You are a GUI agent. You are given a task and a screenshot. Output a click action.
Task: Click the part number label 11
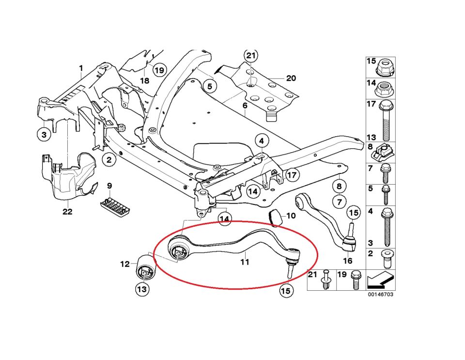pos(245,262)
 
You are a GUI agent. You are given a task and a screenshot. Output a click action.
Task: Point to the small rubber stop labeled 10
pos(275,218)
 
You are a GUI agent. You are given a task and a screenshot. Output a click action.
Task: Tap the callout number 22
pos(67,212)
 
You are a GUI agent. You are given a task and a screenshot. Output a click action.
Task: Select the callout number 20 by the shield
pos(291,78)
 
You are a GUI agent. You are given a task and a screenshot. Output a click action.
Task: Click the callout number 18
pos(144,80)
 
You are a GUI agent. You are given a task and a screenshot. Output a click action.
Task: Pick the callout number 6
pos(245,105)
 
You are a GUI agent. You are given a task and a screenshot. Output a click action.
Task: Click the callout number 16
pos(347,260)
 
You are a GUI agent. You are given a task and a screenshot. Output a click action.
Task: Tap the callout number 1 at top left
pos(81,68)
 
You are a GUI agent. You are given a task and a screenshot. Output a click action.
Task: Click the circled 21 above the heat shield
pos(251,56)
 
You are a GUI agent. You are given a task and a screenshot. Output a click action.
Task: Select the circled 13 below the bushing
pos(142,290)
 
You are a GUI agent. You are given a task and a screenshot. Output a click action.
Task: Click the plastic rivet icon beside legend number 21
pos(325,280)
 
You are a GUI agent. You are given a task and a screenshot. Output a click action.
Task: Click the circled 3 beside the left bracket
pos(44,134)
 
